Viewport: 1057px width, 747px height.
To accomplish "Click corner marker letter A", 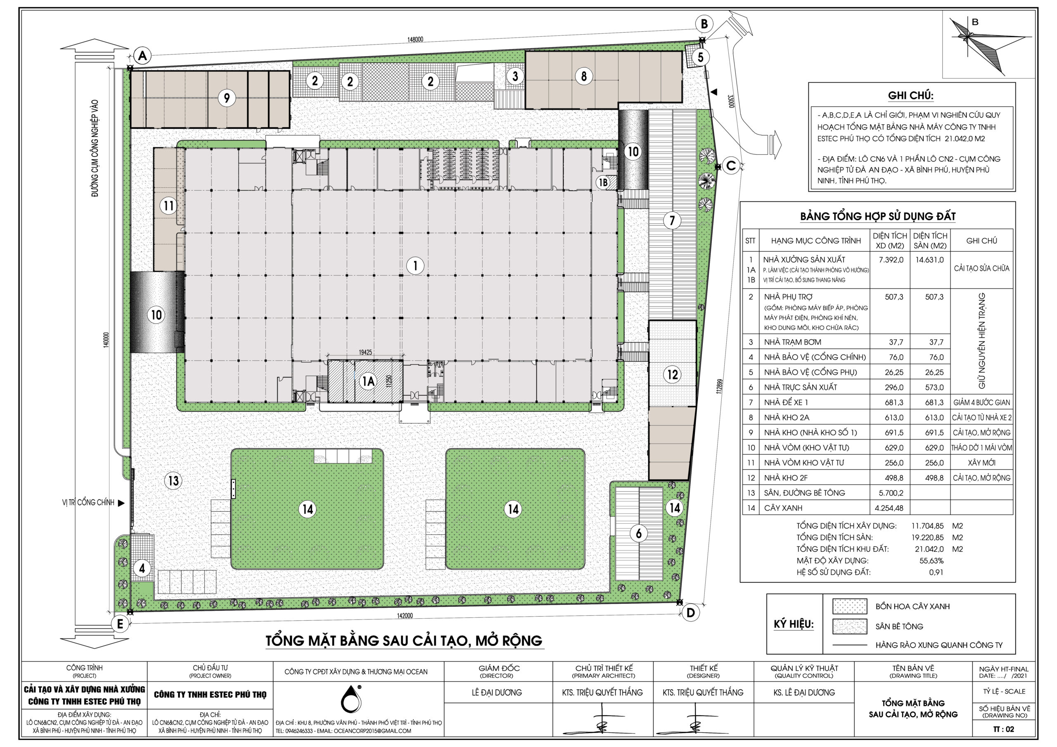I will point(143,56).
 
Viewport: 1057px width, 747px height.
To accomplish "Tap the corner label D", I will point(690,612).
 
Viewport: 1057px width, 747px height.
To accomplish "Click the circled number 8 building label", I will point(584,76).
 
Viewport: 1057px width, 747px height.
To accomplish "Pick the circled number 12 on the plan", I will point(673,374).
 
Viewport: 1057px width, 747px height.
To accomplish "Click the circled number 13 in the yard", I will point(173,481).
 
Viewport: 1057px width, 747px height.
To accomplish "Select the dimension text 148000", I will point(415,40).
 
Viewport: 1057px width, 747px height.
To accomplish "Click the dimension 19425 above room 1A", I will point(365,352).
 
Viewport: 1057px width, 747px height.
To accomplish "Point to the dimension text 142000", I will point(405,616).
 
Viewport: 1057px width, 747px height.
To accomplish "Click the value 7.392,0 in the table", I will point(891,260).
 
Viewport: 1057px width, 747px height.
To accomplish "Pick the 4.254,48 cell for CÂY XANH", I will point(889,508).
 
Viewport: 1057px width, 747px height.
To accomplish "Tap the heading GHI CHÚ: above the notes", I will point(910,96).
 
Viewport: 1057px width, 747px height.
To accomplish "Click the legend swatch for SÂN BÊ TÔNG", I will point(849,626).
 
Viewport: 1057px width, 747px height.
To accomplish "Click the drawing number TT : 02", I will point(1004,729).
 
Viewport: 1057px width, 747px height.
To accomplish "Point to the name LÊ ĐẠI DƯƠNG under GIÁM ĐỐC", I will point(497,693).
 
